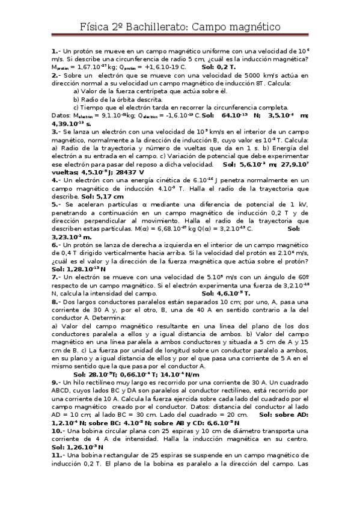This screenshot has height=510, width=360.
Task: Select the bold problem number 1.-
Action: (x=55, y=51)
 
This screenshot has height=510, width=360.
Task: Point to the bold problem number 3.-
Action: (x=55, y=131)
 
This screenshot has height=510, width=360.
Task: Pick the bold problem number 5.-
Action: (x=55, y=204)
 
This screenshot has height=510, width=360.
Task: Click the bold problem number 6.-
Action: (x=55, y=245)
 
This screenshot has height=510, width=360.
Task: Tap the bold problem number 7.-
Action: (x=55, y=277)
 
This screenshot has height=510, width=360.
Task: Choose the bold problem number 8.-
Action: (x=55, y=301)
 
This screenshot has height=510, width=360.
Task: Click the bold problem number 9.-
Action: (x=55, y=382)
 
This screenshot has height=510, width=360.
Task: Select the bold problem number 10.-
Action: (x=58, y=431)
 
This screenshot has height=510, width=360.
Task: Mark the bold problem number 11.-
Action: (x=58, y=455)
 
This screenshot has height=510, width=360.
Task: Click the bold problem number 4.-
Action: (x=55, y=180)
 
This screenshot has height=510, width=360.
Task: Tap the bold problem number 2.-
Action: (x=55, y=75)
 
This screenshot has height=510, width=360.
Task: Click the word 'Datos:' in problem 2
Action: (x=61, y=115)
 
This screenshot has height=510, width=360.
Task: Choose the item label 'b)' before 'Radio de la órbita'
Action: (x=76, y=99)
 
